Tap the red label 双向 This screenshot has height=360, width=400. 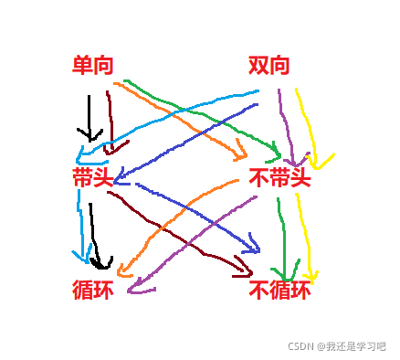pyautogui.click(x=269, y=66)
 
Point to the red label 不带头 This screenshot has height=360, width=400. pyautogui.click(x=280, y=178)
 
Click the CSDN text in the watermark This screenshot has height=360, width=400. pyautogui.click(x=300, y=347)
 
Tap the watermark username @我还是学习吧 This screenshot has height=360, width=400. pyautogui.click(x=351, y=347)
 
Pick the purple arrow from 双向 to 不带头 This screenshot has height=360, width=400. pyautogui.click(x=285, y=123)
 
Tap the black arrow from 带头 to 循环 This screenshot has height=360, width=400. pyautogui.click(x=94, y=233)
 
